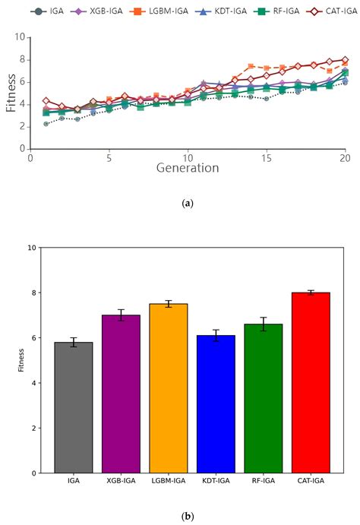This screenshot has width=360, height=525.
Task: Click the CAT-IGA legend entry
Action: (x=324, y=11)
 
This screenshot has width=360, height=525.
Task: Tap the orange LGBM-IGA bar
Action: (x=168, y=388)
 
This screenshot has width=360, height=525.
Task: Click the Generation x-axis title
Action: (x=188, y=168)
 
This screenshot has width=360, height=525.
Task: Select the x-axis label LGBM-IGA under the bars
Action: (x=168, y=482)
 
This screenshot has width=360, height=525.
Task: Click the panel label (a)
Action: (x=187, y=204)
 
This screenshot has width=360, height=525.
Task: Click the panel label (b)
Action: (x=187, y=516)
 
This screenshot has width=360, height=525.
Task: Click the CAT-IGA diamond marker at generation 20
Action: (x=345, y=59)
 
